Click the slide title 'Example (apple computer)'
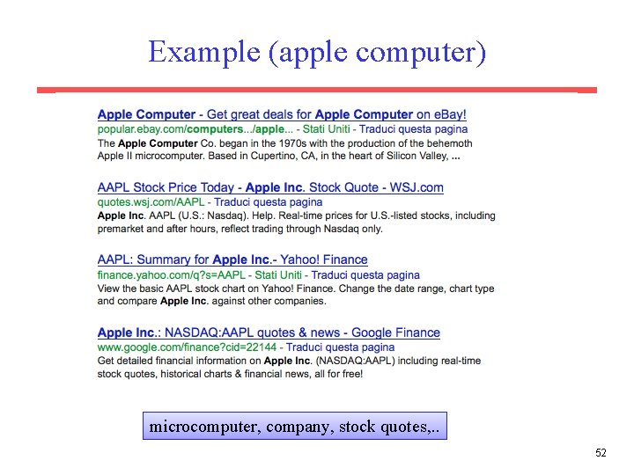tap(317, 52)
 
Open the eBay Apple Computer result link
tap(282, 114)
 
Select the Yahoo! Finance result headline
tap(232, 259)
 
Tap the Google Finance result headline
tap(269, 332)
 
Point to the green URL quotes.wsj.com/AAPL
tap(151, 202)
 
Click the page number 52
tap(601, 453)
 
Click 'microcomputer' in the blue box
tap(203, 427)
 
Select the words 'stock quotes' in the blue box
tap(379, 427)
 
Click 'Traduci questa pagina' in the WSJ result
tap(268, 202)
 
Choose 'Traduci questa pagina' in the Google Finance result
tap(341, 347)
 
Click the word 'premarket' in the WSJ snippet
tap(121, 229)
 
